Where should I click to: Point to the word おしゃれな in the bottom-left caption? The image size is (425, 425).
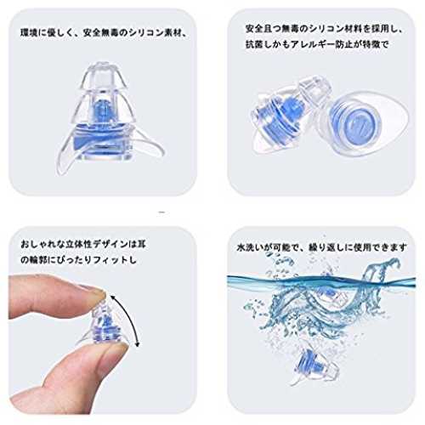[x=42, y=244]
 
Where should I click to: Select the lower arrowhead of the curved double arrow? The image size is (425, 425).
[x=137, y=343]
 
